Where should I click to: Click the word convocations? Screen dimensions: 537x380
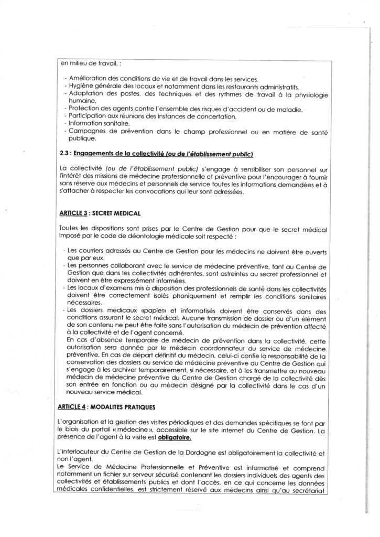click(x=194, y=191)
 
